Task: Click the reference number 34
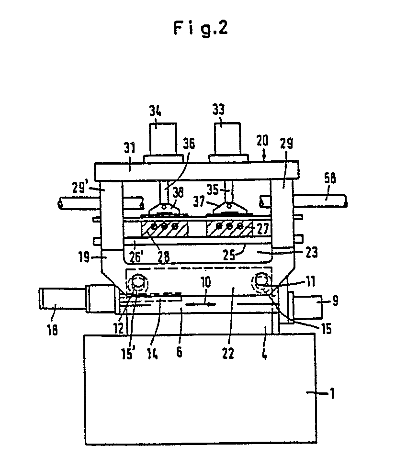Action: (155, 111)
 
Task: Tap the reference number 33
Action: (218, 109)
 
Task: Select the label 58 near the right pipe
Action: (330, 178)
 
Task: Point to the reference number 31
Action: (129, 148)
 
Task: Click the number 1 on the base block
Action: (332, 393)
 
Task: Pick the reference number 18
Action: (53, 330)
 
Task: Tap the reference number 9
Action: (336, 301)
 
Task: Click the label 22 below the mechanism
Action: (228, 353)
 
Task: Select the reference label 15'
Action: (128, 354)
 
